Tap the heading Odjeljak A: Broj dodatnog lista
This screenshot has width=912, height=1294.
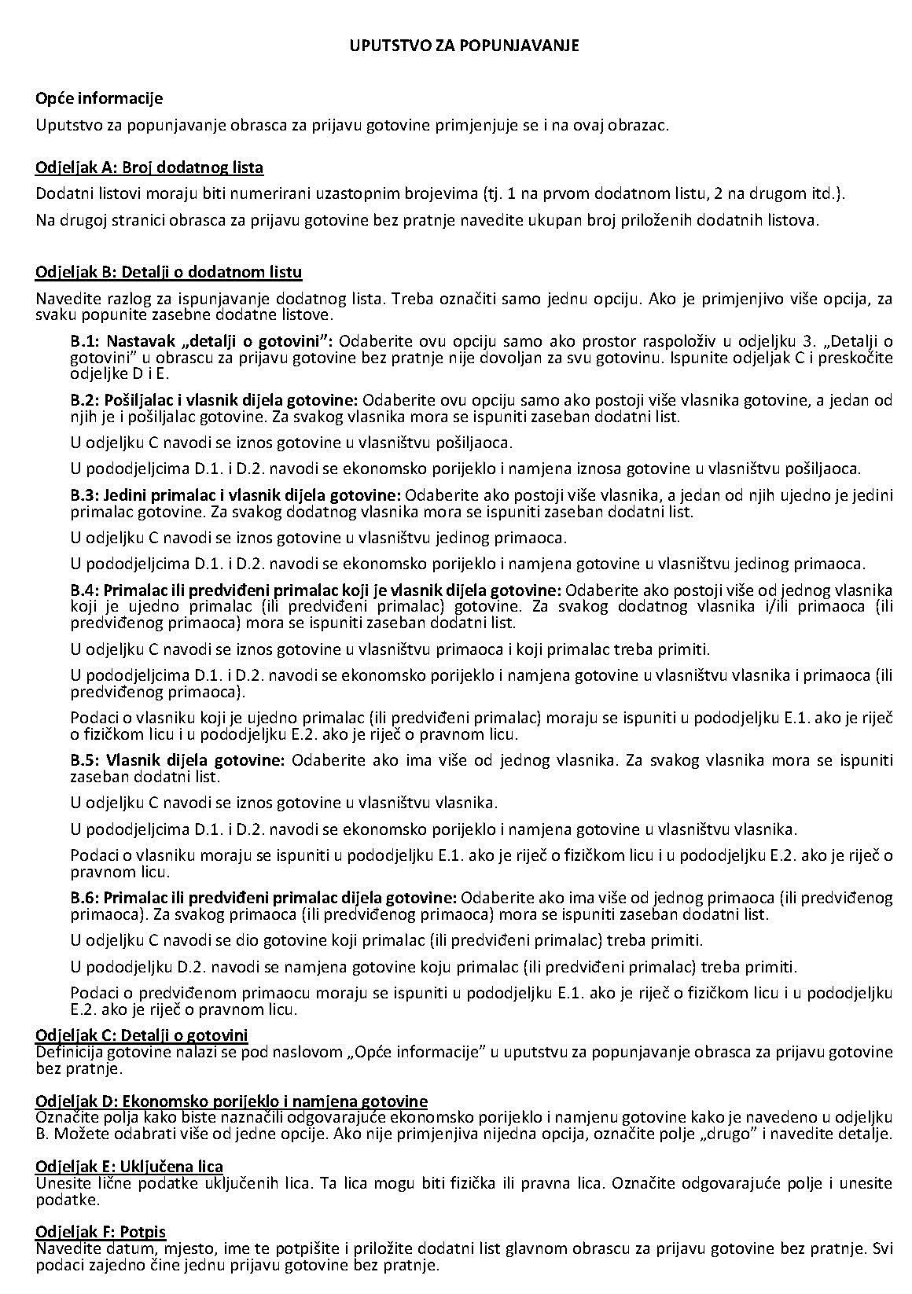pyautogui.click(x=149, y=167)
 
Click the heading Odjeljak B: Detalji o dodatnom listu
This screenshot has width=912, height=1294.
pyautogui.click(x=168, y=272)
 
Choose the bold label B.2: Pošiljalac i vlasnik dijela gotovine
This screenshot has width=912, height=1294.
pyautogui.click(x=215, y=400)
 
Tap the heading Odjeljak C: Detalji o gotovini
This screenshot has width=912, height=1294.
pyautogui.click(x=142, y=1035)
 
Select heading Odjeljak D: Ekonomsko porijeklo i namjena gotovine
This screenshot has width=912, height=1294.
pyautogui.click(x=231, y=1101)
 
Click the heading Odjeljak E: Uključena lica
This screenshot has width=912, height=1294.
pyautogui.click(x=129, y=1167)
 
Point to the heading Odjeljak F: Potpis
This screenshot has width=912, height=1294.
pyautogui.click(x=101, y=1231)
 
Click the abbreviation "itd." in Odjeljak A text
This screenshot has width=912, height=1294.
pyautogui.click(x=824, y=193)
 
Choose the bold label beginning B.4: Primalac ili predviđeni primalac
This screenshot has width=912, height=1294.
pyautogui.click(x=316, y=590)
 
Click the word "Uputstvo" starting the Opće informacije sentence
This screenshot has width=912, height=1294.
pyautogui.click(x=64, y=125)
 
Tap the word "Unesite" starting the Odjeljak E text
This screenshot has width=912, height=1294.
pyautogui.click(x=61, y=1183)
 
